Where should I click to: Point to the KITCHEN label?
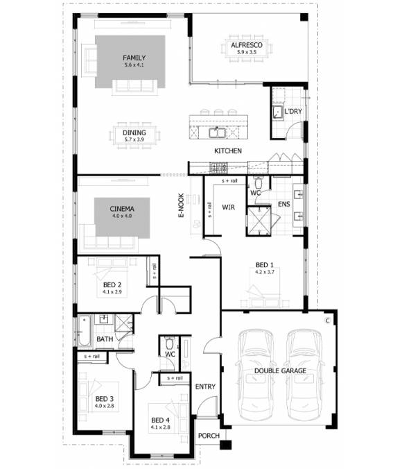[x=227, y=151]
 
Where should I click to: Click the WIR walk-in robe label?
[x=230, y=207]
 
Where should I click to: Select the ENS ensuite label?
[x=283, y=205]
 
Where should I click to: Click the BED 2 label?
[x=112, y=284]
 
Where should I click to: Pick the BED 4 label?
[x=160, y=420]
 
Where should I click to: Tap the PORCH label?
[x=208, y=436]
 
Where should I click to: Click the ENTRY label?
[x=206, y=386]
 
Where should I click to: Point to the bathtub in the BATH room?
[x=85, y=331]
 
